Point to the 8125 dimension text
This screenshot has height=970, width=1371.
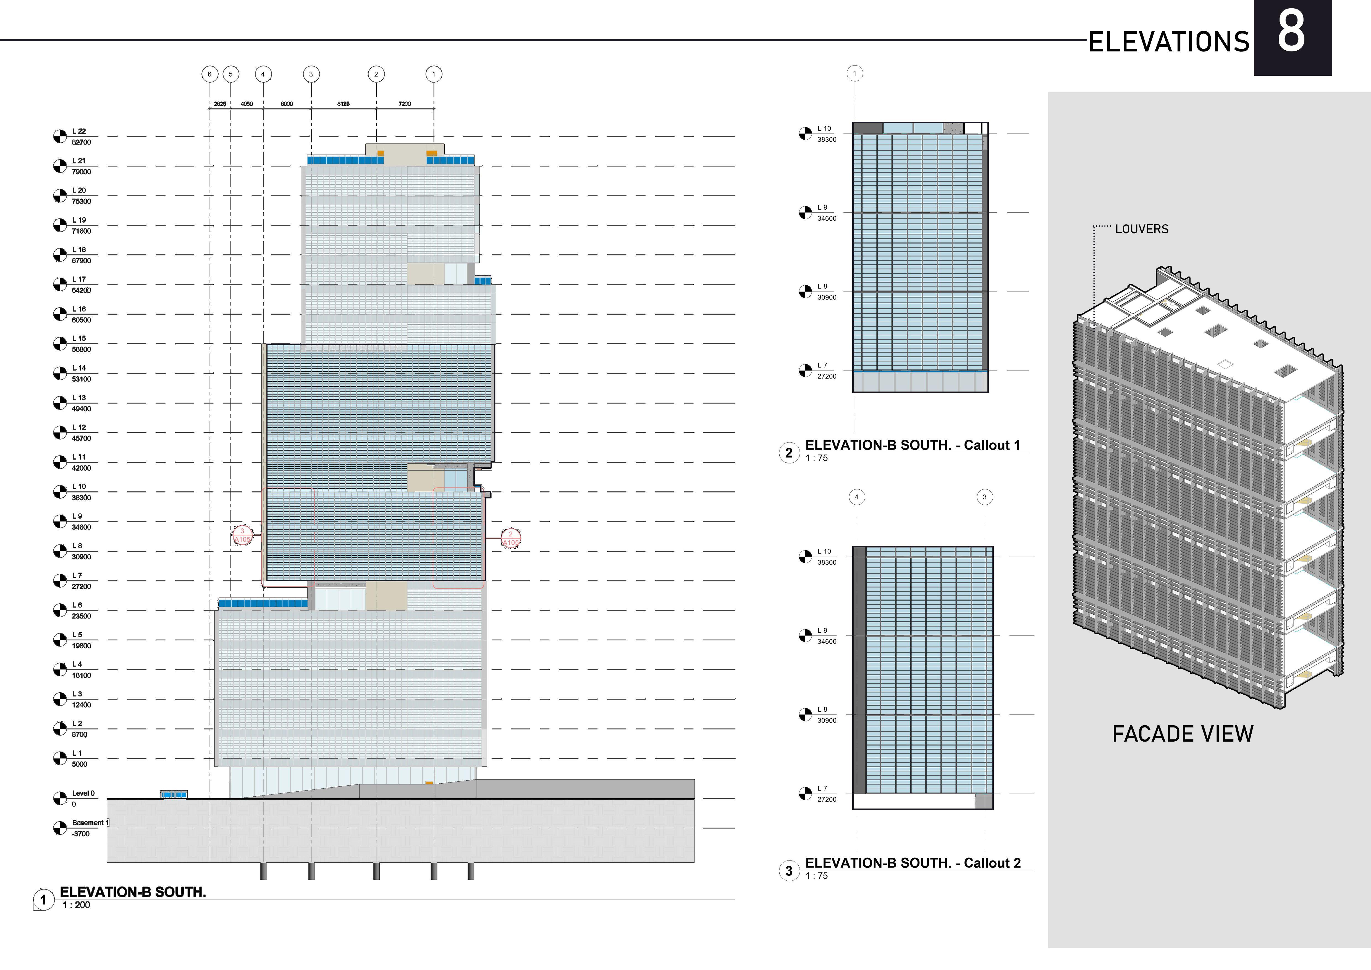pos(343,104)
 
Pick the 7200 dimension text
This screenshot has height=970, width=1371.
pos(405,104)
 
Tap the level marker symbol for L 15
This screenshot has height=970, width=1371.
pos(60,343)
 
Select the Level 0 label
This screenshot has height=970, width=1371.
pos(83,793)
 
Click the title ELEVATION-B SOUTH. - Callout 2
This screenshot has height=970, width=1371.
pos(913,863)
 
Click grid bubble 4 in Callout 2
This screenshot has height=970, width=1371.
pos(856,497)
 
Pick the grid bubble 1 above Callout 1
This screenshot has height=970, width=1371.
pos(854,74)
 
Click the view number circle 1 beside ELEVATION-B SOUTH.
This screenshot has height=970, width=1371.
pos(43,899)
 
